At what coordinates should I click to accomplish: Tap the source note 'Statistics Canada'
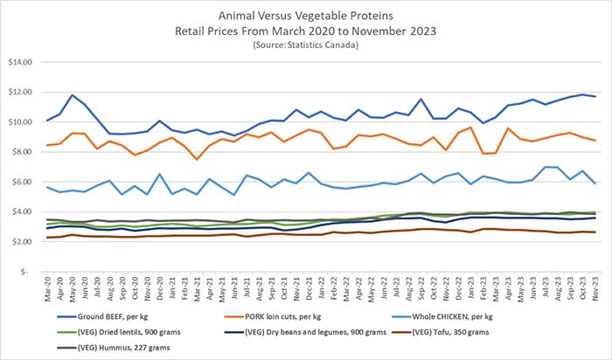point(306,43)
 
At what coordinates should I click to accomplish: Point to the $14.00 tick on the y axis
point(19,62)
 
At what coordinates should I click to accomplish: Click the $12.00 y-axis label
point(19,92)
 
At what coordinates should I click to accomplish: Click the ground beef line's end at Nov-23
point(596,96)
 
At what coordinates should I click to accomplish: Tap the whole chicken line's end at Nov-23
point(596,183)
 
